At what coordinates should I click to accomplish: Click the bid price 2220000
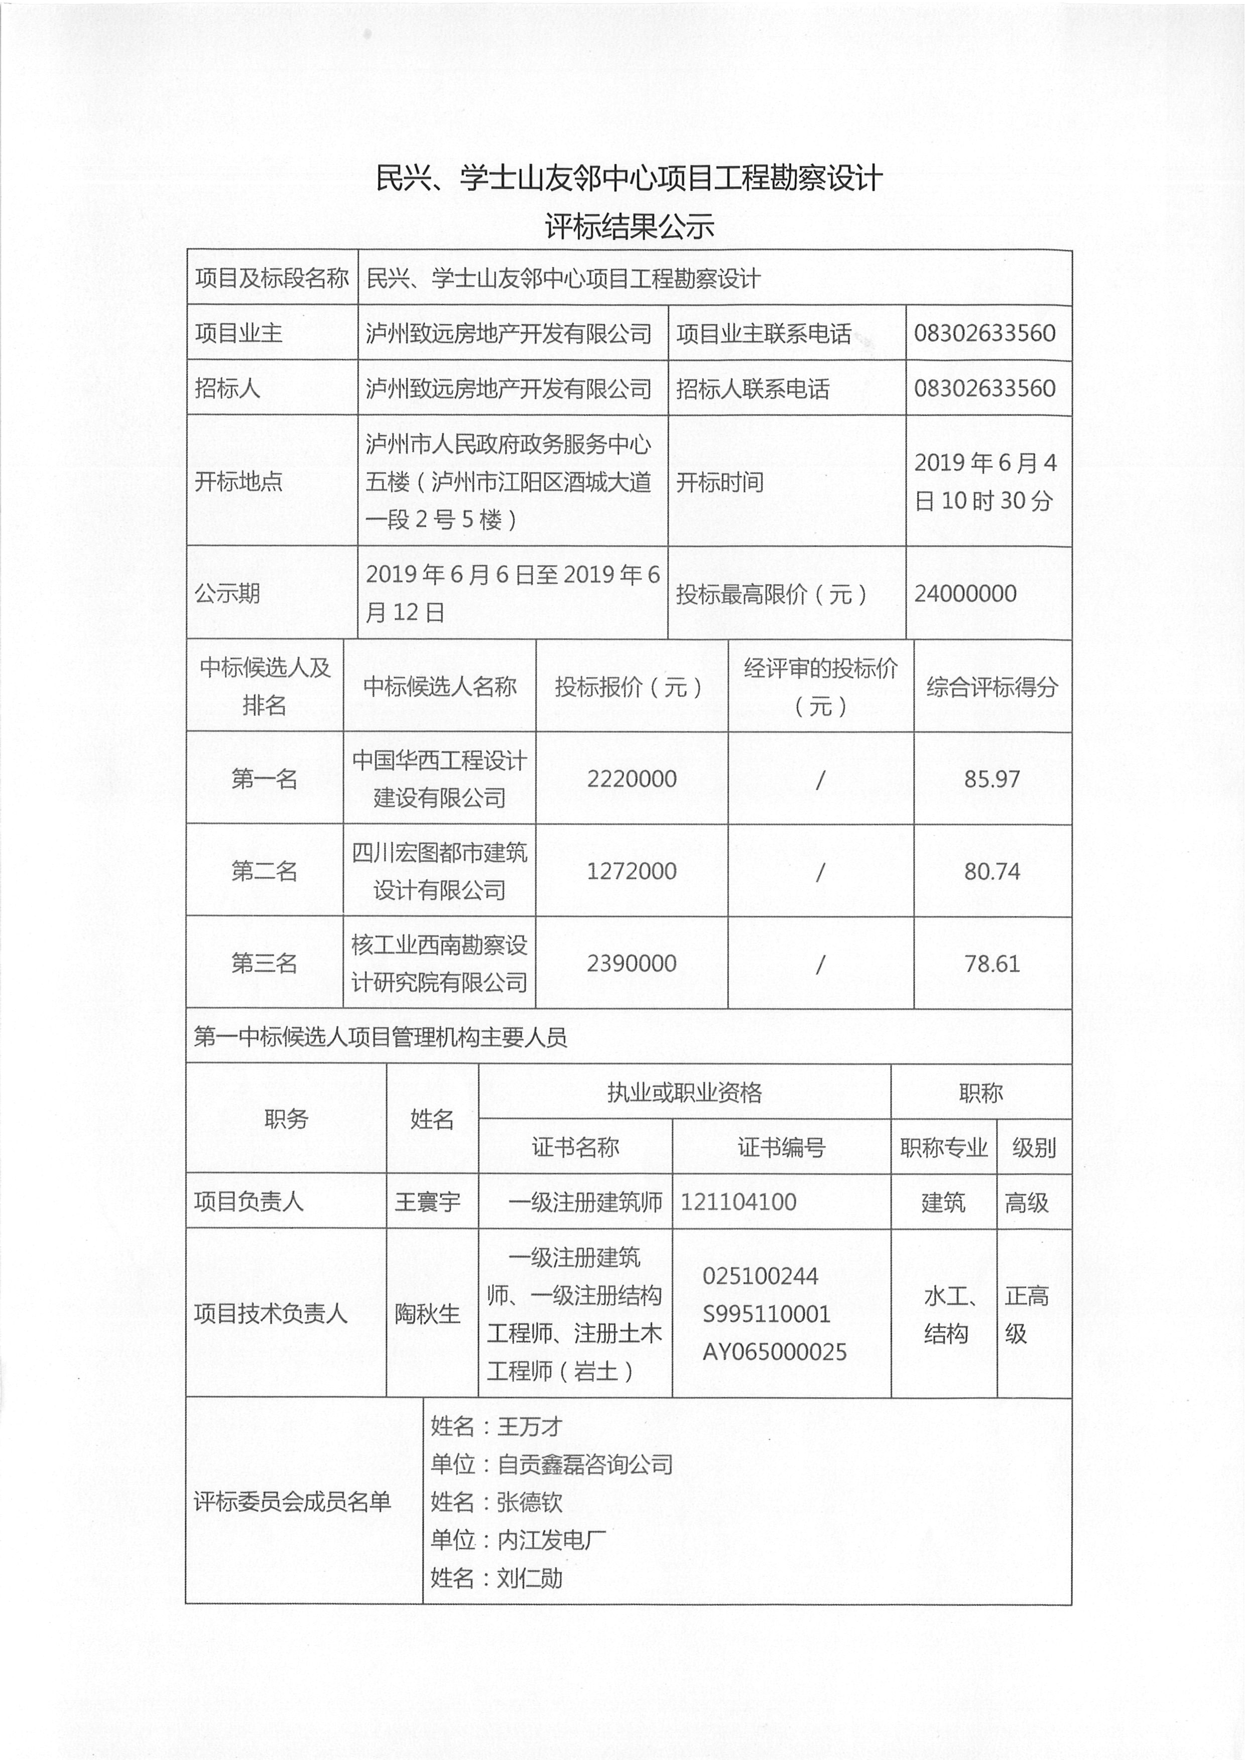[632, 779]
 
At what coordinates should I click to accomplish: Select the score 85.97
[992, 779]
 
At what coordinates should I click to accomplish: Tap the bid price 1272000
[632, 871]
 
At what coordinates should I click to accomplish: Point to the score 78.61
[992, 964]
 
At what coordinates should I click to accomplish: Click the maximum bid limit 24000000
[965, 593]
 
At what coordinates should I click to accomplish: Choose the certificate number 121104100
[738, 1202]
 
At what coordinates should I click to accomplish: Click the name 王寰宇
[428, 1202]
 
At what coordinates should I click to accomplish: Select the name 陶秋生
[428, 1314]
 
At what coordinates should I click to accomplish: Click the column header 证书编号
[781, 1148]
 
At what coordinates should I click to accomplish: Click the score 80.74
[992, 871]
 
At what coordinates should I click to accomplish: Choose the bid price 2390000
[632, 964]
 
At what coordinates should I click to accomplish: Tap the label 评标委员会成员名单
[292, 1502]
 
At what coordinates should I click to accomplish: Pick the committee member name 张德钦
[530, 1502]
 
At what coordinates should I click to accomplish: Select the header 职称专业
[943, 1148]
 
